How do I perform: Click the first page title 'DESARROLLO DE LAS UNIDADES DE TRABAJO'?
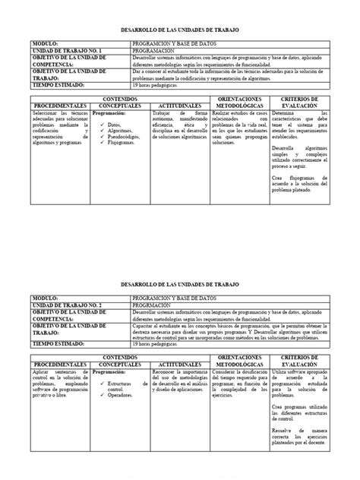click(178, 30)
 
